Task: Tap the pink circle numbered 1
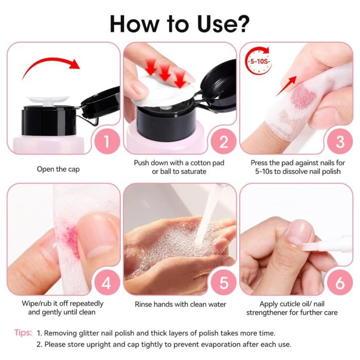107,141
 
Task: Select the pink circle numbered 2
223,141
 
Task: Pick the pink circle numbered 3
340,141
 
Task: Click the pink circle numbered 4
107,282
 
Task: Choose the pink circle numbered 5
223,282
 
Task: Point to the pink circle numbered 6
340,282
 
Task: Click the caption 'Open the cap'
58,169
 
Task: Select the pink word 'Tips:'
23,332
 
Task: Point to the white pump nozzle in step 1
48,101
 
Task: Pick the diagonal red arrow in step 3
286,86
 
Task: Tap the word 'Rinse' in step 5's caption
143,304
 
